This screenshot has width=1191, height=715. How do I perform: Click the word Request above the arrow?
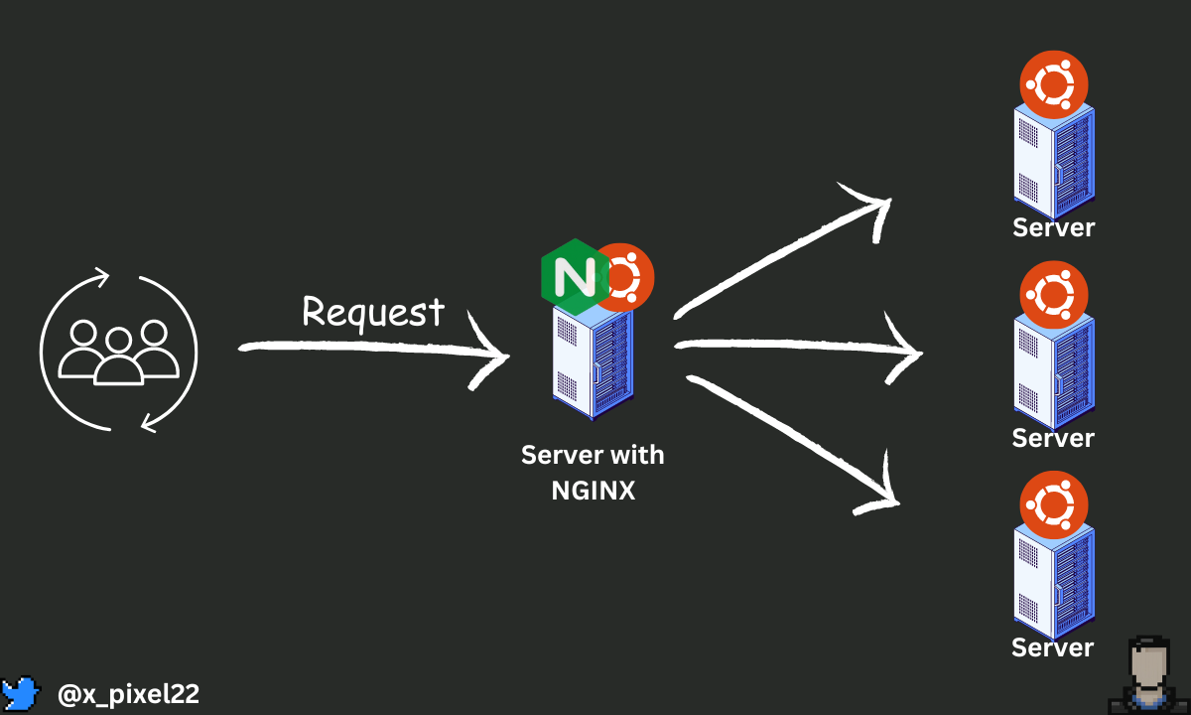[373, 312]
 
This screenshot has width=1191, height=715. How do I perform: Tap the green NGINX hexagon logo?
[575, 277]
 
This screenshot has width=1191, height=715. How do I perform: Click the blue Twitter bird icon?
[21, 693]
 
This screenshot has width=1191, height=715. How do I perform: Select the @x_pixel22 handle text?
[128, 694]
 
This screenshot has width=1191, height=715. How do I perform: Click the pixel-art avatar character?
[1148, 675]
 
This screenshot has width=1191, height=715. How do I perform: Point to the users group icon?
[118, 352]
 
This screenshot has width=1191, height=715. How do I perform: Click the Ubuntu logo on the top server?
[1054, 84]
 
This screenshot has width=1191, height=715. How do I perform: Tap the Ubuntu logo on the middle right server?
[1054, 295]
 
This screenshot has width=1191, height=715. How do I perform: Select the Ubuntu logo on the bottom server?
[1054, 504]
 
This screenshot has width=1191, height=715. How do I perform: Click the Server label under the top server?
[1053, 227]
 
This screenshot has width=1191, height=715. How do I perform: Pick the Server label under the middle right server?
[1053, 438]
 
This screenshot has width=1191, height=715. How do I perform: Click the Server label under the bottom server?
[1052, 647]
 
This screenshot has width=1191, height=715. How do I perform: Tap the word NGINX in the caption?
[593, 491]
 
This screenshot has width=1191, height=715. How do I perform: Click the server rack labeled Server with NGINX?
[593, 362]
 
